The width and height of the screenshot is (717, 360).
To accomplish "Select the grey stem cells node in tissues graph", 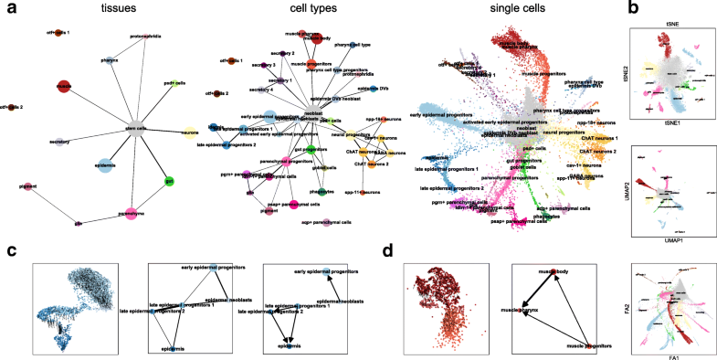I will coord(137,128).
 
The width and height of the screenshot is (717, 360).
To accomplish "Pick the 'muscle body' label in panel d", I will coord(558,275).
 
